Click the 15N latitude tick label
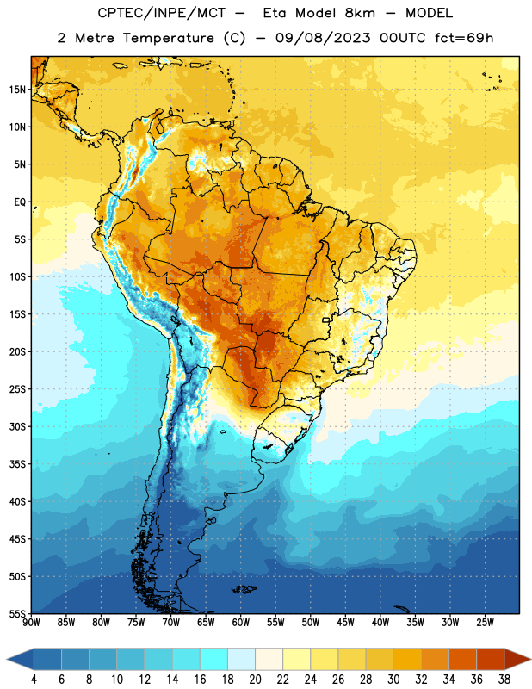[17, 90]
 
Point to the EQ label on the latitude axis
[20, 202]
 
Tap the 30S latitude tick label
[17, 426]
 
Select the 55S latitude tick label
[17, 613]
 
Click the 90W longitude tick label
[31, 623]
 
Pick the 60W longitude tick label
[241, 623]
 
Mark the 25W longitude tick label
[485, 623]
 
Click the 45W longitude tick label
[345, 623]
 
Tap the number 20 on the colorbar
[255, 680]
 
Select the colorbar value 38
[504, 680]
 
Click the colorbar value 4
[34, 680]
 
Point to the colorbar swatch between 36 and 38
[491, 660]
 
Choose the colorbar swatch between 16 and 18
[213, 660]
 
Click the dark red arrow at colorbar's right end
[517, 660]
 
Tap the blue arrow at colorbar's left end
[20, 660]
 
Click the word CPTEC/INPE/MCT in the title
[162, 13]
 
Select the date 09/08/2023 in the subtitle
[323, 38]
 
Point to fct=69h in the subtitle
[464, 38]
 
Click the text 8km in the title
[360, 13]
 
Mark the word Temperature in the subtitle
[169, 38]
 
